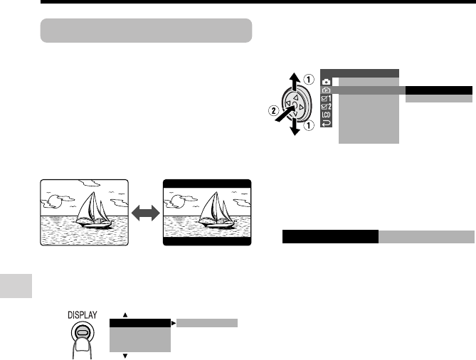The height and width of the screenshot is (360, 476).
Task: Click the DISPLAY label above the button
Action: [x=83, y=315]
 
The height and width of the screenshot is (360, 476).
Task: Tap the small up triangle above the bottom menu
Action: [x=125, y=315]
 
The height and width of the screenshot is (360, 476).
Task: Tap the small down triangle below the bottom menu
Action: [x=125, y=356]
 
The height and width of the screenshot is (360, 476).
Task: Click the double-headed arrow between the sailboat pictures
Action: [x=146, y=213]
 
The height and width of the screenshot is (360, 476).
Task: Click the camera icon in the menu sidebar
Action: [x=326, y=82]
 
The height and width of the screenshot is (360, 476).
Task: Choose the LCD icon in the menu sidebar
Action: [x=326, y=115]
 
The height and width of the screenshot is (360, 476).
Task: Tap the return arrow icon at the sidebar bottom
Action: [x=326, y=123]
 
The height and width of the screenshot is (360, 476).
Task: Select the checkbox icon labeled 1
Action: [x=326, y=98]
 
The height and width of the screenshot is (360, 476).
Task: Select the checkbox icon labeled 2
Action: [x=326, y=107]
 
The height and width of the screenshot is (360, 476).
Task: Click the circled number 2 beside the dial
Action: [x=273, y=110]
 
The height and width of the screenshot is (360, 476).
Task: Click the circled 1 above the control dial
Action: [x=309, y=80]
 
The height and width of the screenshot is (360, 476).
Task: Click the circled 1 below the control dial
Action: [x=309, y=125]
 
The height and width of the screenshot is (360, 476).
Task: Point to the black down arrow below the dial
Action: [x=295, y=127]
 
